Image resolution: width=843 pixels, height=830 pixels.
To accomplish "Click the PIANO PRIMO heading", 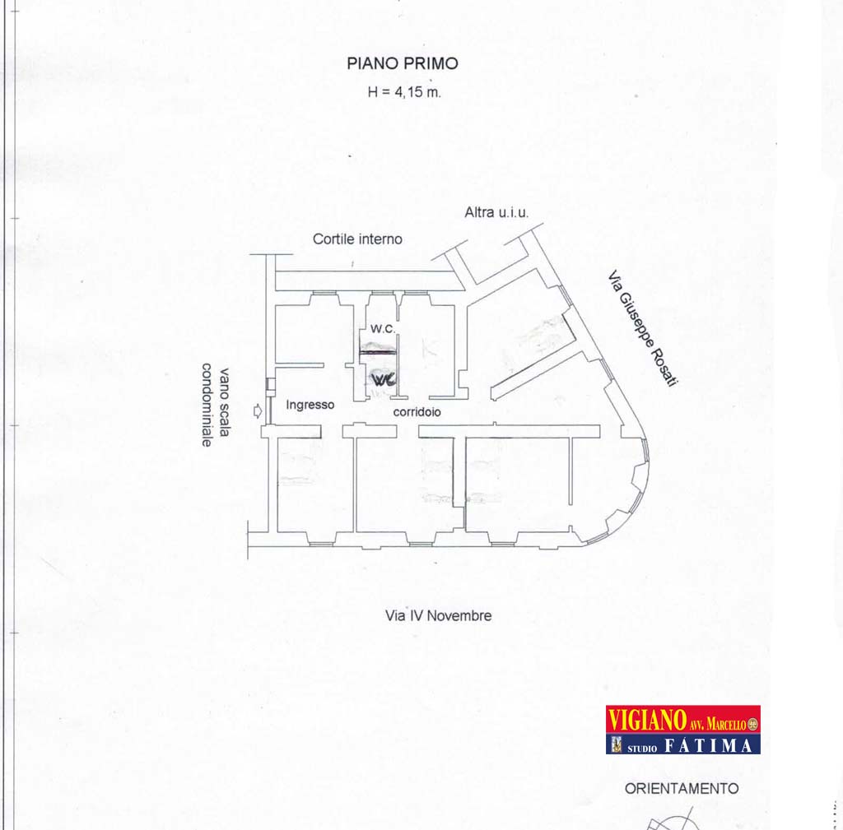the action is pos(402,63).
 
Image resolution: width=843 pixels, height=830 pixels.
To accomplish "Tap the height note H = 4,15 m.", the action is pos(404,92).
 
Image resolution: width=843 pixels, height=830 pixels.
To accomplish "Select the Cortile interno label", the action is pos(357,239).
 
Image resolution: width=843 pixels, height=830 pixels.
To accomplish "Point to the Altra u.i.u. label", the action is pos(496,213).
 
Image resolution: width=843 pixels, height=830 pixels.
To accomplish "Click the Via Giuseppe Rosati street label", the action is pos(642,327).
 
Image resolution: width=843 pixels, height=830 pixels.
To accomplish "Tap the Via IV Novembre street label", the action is pos(438,615).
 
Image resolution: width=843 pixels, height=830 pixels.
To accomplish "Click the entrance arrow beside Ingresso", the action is pos(258,411).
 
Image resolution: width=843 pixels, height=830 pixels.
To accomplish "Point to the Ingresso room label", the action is pos(310,405).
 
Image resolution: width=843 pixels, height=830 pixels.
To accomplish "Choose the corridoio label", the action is pos(417,412).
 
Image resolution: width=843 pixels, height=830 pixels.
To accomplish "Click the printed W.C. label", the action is pos(383,329).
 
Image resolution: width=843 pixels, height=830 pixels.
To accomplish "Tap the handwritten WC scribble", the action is pos(384,379).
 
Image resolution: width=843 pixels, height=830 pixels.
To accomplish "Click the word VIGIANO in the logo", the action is pos(647,719).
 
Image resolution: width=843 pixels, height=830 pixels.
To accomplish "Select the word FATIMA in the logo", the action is pos(708,745).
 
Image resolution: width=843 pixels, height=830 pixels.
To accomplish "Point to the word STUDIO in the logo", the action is pos(642,748).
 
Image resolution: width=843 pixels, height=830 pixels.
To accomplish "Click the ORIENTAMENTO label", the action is pos(682,789).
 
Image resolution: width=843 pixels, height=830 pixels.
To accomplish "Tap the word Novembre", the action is pos(459,615).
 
